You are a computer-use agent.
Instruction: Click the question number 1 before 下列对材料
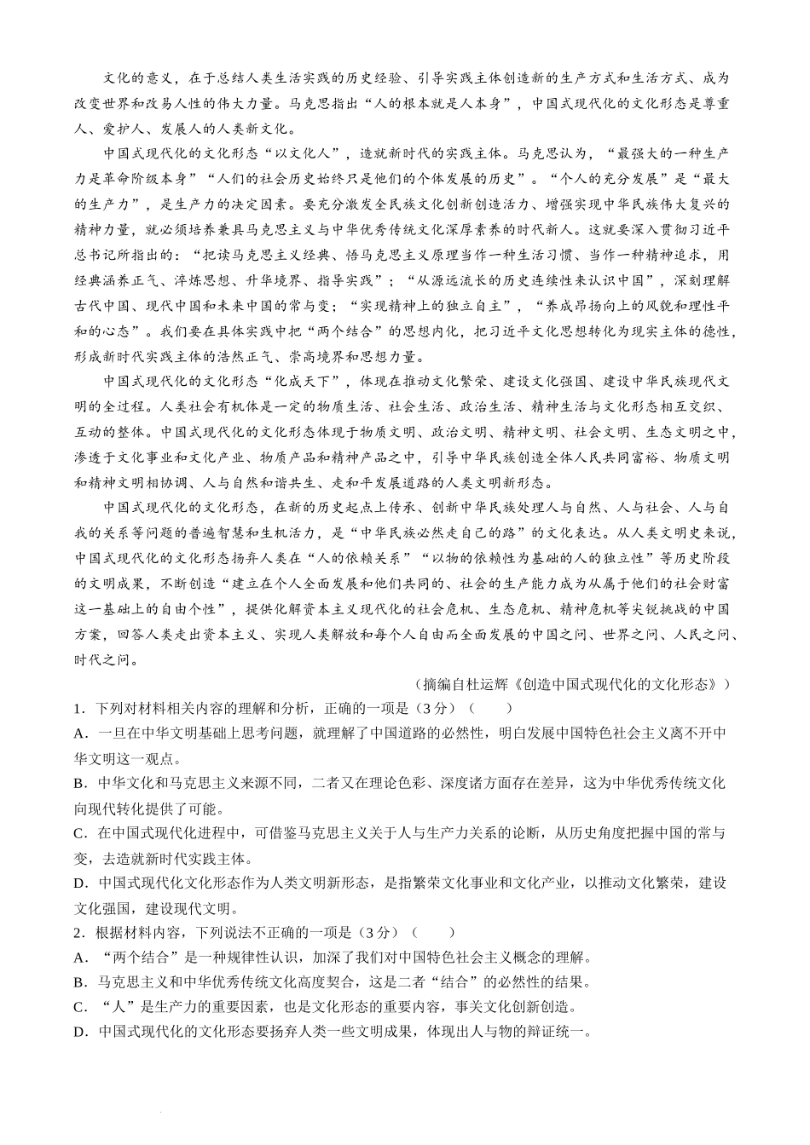coord(78,708)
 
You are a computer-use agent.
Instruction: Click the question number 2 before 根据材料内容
coord(78,932)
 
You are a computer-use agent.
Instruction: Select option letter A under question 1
coord(79,733)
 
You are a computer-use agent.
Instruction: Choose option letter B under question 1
coord(79,783)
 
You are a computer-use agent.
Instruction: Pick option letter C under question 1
coord(79,832)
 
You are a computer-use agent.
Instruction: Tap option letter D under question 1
coord(79,883)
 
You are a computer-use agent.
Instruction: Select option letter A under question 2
coord(79,958)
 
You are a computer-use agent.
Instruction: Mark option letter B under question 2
coord(79,982)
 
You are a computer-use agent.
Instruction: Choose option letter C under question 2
coord(79,1007)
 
